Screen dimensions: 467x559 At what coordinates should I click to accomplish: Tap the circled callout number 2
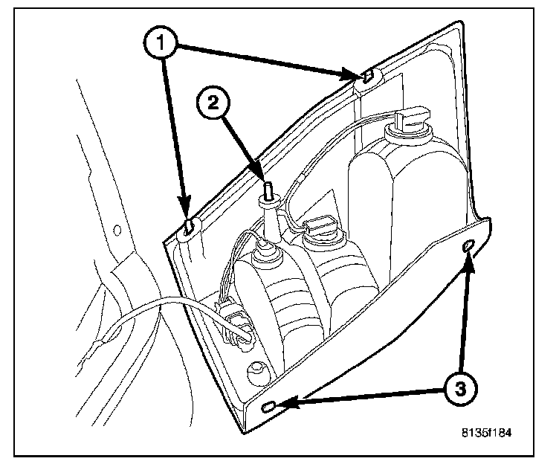[213, 104]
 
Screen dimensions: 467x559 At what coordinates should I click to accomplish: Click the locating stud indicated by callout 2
[265, 190]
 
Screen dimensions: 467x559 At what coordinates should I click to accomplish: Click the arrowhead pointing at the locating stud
[260, 175]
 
